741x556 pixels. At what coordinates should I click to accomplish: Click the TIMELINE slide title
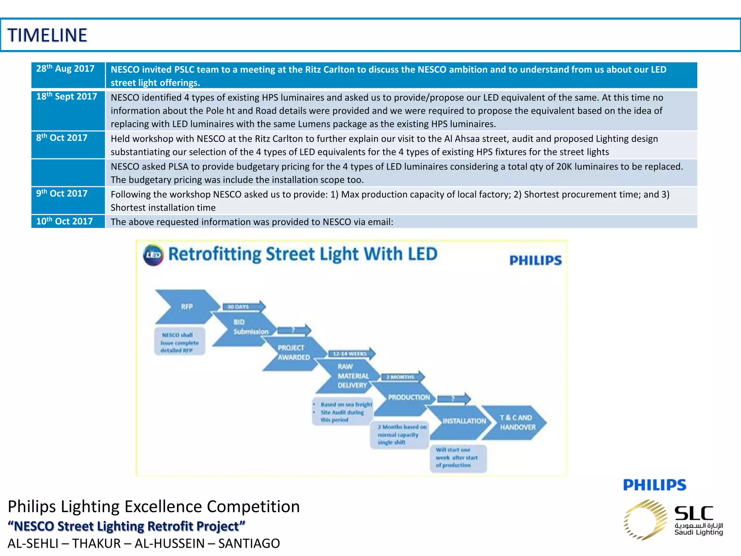click(47, 35)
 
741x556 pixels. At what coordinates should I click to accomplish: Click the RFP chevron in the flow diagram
click(186, 307)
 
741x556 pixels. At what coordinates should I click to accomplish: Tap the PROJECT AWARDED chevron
click(293, 353)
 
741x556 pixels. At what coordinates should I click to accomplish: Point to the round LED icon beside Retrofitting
click(153, 255)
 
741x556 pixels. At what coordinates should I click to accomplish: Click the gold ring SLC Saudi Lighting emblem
click(645, 520)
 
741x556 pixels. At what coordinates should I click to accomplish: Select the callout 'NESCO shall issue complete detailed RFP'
click(179, 342)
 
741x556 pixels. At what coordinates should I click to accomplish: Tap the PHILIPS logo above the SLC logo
click(654, 485)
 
